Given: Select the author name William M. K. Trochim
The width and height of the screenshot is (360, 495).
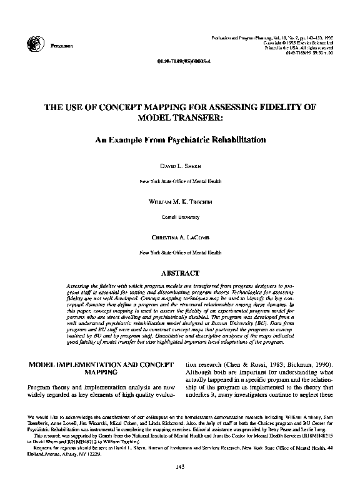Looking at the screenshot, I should [x=180, y=203].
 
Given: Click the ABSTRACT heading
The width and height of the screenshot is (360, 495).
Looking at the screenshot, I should [x=180, y=273].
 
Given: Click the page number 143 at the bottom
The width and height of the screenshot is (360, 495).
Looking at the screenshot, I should [x=180, y=483].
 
